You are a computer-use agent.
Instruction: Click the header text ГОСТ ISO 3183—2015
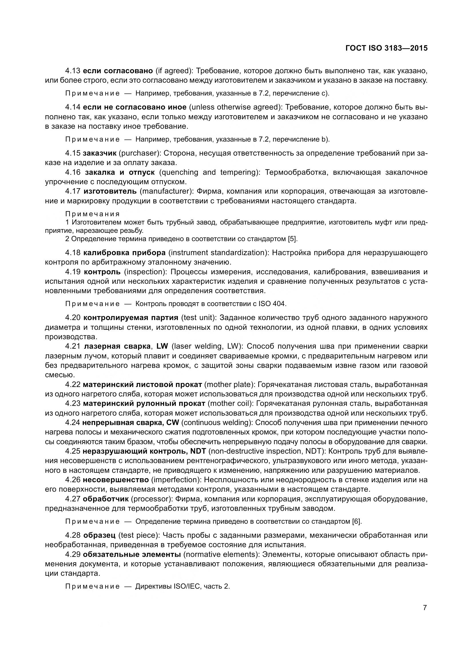(x=387, y=48)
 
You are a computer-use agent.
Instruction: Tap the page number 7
(x=425, y=608)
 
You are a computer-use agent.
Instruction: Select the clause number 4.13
(x=73, y=71)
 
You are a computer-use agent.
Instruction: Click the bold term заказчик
(x=100, y=153)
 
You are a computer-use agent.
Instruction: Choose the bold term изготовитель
(x=110, y=191)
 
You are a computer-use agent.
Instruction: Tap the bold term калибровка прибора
(x=124, y=253)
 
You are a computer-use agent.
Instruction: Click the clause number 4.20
(x=73, y=317)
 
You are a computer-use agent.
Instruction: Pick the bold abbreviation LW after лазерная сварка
(x=162, y=346)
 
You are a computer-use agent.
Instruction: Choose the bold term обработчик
(x=106, y=499)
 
